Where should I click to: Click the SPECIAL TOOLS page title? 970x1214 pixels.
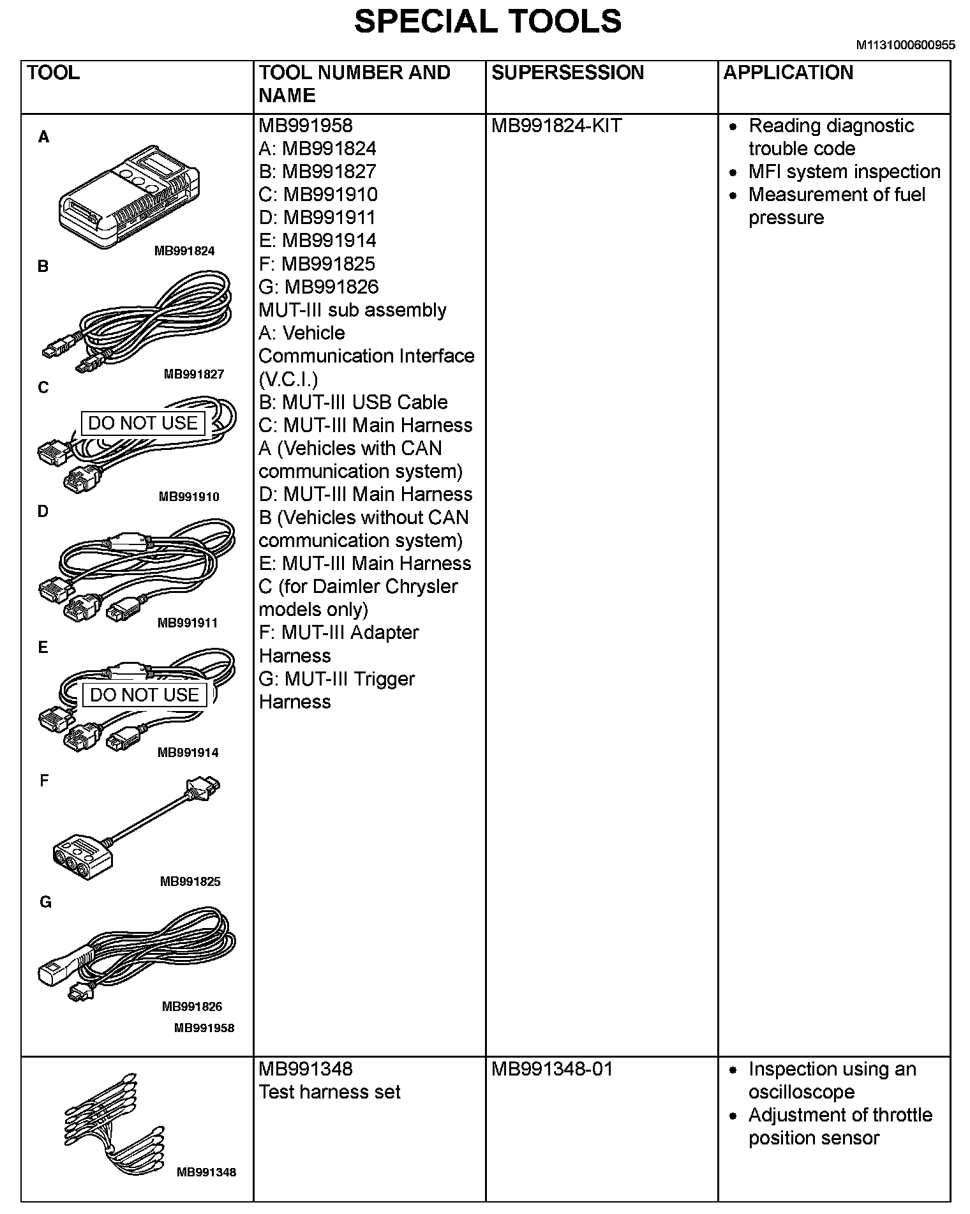pyautogui.click(x=488, y=22)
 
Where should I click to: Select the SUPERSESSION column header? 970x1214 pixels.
pyautogui.click(x=567, y=73)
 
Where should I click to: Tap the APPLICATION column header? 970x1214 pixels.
pyautogui.click(x=788, y=73)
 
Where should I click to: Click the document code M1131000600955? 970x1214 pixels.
pyautogui.click(x=906, y=45)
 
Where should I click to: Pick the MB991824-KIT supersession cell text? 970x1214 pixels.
pyautogui.click(x=556, y=126)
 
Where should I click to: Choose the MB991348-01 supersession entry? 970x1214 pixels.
pyautogui.click(x=552, y=1069)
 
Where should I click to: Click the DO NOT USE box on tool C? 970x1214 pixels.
pyautogui.click(x=143, y=423)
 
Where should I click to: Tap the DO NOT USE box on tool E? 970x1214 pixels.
pyautogui.click(x=145, y=695)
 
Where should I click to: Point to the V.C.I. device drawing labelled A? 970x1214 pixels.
pyautogui.click(x=128, y=195)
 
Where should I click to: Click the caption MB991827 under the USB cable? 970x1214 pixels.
pyautogui.click(x=194, y=374)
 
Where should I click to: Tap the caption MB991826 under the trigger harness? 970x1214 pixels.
pyautogui.click(x=192, y=1007)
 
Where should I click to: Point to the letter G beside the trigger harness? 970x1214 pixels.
pyautogui.click(x=45, y=902)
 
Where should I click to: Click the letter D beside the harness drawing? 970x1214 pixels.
pyautogui.click(x=43, y=511)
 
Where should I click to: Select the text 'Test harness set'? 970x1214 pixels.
pyautogui.click(x=329, y=1092)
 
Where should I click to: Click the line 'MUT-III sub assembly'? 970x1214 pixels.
pyautogui.click(x=352, y=310)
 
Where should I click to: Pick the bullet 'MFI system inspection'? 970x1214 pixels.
pyautogui.click(x=844, y=172)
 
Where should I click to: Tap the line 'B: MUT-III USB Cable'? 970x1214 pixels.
pyautogui.click(x=353, y=402)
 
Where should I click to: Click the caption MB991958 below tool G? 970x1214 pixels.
pyautogui.click(x=204, y=1028)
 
